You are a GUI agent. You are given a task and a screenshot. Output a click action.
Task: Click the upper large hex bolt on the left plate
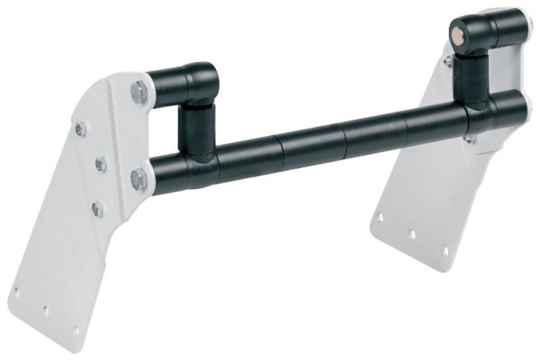pyautogui.click(x=138, y=91)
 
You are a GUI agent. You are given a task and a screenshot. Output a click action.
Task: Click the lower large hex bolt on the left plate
pyautogui.click(x=139, y=178)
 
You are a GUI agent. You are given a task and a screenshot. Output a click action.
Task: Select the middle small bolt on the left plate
pyautogui.click(x=101, y=165)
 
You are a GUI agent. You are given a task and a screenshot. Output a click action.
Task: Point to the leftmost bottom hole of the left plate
pyautogui.click(x=15, y=291)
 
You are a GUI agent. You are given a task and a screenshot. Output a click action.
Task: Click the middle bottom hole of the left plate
pyautogui.click(x=45, y=310)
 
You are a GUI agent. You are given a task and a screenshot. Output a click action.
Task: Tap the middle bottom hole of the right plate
pyautogui.click(x=413, y=233)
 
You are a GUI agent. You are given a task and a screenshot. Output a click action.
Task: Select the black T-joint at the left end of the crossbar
pyautogui.click(x=189, y=166)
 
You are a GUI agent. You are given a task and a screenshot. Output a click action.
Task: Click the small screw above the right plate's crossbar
pyautogui.click(x=447, y=60)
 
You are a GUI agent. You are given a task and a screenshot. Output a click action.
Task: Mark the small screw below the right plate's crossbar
pyautogui.click(x=468, y=139)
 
